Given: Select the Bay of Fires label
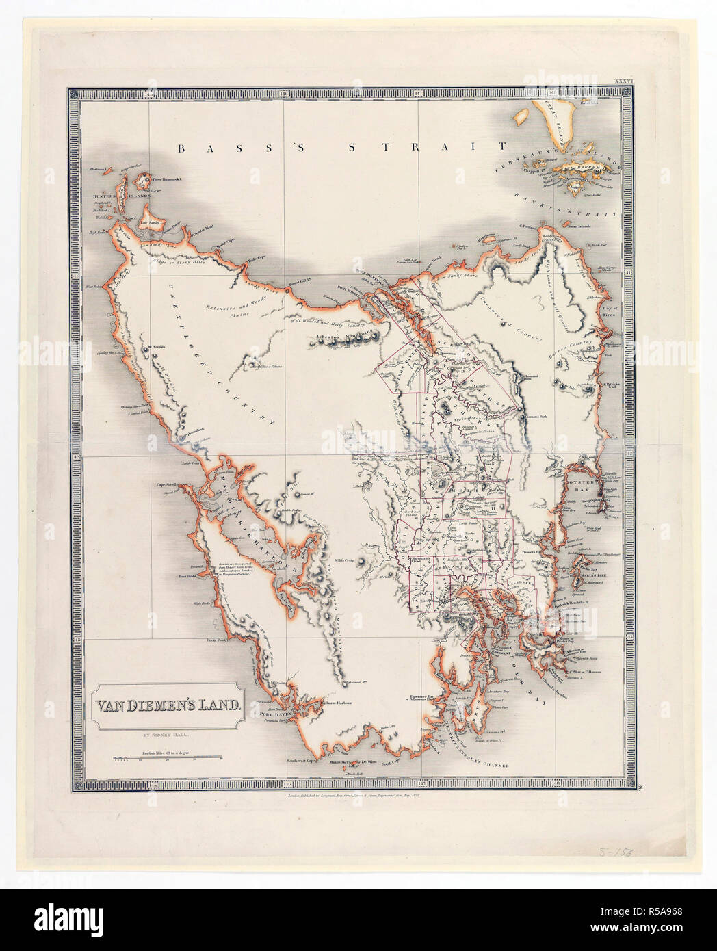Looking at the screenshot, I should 609,312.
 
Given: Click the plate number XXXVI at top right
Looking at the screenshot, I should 627,80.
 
